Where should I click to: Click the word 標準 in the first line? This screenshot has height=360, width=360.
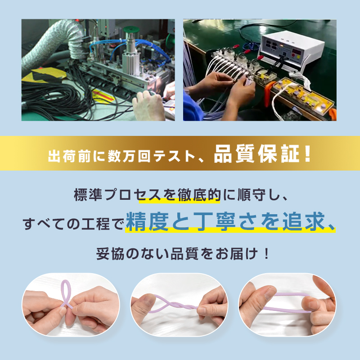point(88,195)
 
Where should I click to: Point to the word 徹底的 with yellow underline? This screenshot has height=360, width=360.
point(199,195)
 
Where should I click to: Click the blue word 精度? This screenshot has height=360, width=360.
point(148,221)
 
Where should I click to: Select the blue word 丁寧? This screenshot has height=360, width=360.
point(215,221)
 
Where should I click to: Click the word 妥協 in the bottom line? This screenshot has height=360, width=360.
point(110,254)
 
